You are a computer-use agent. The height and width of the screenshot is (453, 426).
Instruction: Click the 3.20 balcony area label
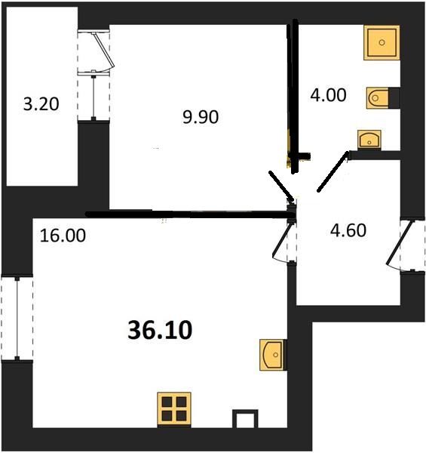(x=41, y=104)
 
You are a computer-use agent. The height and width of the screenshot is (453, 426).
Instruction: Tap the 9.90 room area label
(x=201, y=117)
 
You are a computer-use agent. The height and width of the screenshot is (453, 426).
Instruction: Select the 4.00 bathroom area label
(x=328, y=95)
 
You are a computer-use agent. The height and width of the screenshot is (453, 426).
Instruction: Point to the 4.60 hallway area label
(x=348, y=230)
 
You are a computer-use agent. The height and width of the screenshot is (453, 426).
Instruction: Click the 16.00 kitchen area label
(x=63, y=236)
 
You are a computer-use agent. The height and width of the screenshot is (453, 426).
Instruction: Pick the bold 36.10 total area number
(x=160, y=331)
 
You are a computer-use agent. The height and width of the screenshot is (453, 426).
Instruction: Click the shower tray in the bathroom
(x=382, y=43)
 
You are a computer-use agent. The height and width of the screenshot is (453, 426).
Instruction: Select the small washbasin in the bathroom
(x=369, y=139)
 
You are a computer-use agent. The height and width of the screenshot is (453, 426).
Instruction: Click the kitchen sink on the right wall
(x=273, y=355)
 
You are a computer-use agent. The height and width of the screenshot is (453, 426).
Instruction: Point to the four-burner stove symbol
(x=174, y=408)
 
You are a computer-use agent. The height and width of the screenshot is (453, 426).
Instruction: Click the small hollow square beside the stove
(x=245, y=418)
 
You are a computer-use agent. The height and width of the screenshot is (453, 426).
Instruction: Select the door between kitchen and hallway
(x=284, y=239)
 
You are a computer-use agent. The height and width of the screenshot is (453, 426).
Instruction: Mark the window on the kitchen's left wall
(x=17, y=319)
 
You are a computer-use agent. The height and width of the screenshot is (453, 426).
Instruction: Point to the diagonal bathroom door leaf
(x=333, y=171)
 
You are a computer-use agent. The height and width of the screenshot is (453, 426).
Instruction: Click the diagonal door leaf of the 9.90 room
(x=281, y=186)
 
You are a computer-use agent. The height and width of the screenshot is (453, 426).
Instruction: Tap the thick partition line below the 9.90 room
(x=190, y=214)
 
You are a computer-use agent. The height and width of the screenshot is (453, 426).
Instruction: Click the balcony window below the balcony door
(x=93, y=97)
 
